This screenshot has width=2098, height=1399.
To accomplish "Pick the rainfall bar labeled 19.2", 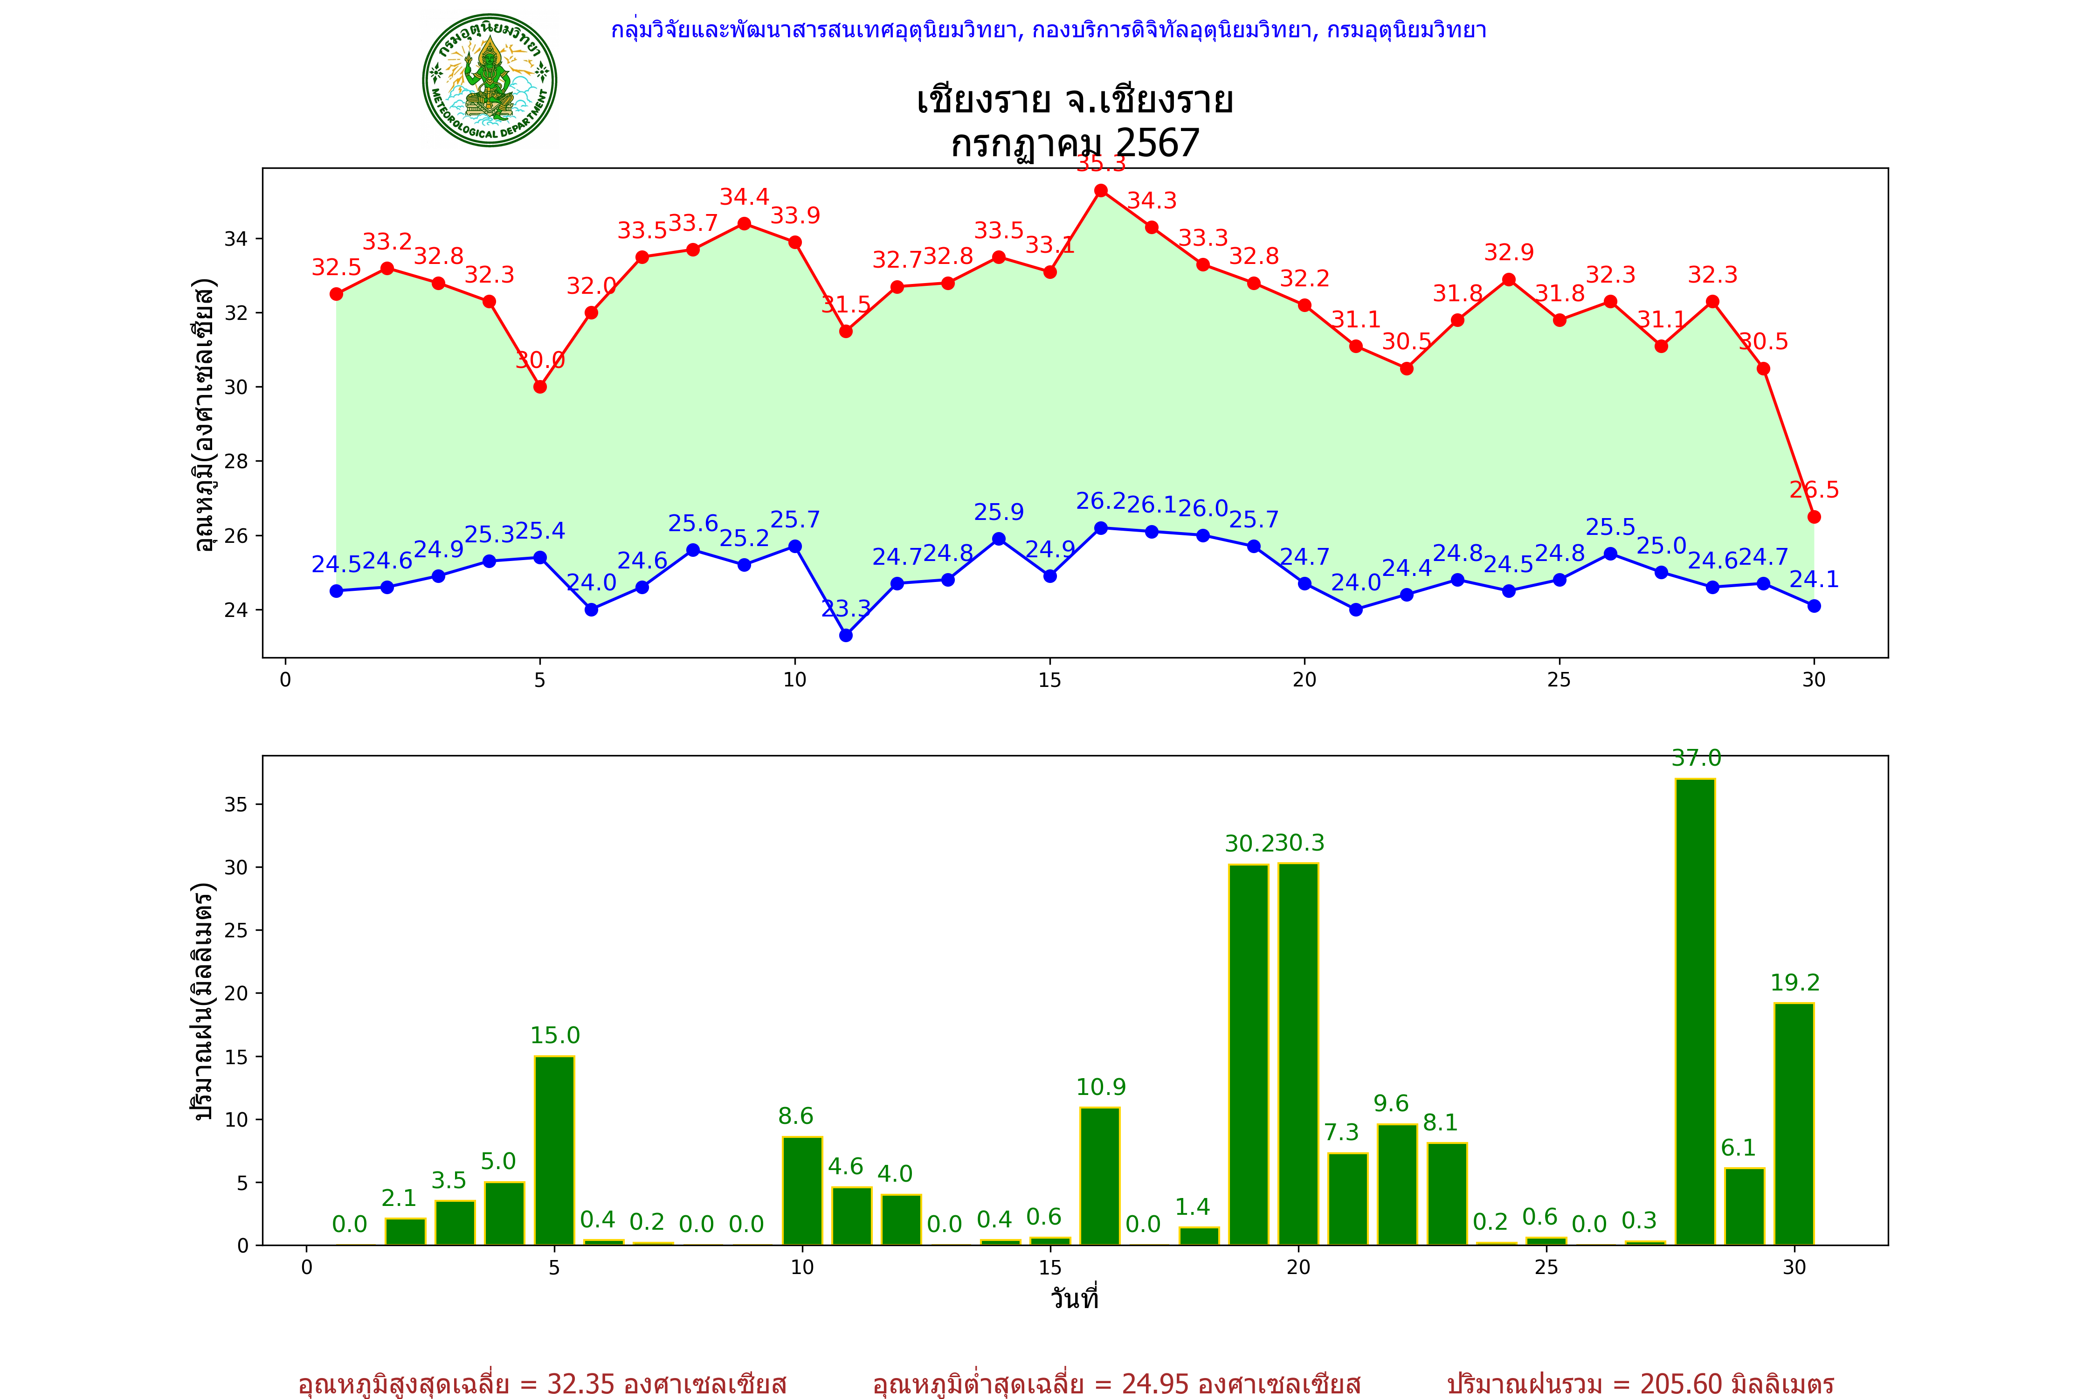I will [1794, 1124].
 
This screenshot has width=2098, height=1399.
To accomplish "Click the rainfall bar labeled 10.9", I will [1100, 1176].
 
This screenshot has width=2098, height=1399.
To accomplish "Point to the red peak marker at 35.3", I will [1101, 191].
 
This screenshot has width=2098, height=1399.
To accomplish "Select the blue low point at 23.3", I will [846, 635].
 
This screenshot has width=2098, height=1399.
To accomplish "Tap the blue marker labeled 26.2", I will [1101, 528].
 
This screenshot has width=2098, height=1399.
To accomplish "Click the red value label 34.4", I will [744, 197].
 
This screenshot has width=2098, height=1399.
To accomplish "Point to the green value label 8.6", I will [796, 1116].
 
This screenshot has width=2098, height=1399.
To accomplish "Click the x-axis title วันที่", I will [1074, 1298].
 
